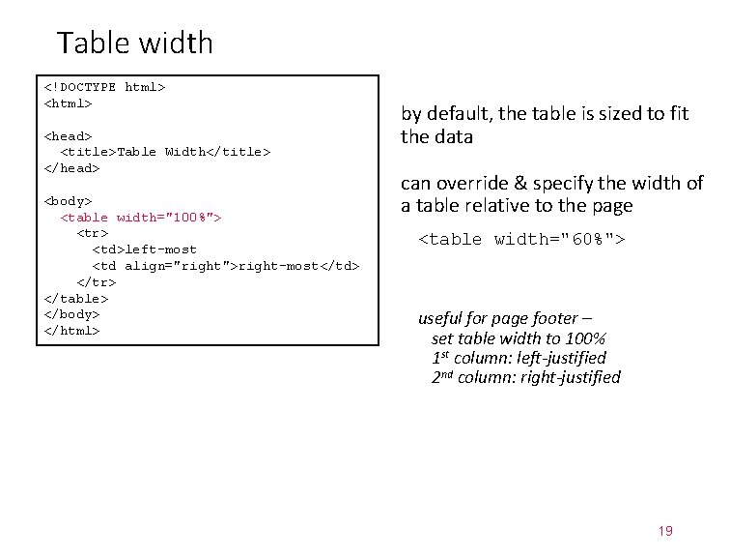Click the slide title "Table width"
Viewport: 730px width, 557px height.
(x=135, y=43)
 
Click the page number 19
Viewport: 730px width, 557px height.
(x=664, y=531)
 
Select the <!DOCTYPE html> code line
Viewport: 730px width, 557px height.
(x=104, y=87)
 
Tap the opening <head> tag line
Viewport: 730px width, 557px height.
(x=68, y=136)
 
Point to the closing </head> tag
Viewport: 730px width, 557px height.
(x=71, y=168)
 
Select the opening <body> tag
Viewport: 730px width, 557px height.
(x=68, y=201)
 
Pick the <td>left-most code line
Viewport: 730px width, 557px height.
(x=144, y=249)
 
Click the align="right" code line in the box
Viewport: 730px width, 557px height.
(x=225, y=266)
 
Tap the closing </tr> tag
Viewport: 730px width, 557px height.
(x=96, y=282)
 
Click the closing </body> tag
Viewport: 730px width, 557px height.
(x=71, y=314)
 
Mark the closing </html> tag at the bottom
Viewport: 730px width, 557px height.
(x=71, y=331)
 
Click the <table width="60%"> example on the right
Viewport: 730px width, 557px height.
(x=521, y=239)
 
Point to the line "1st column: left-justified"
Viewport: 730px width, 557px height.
(x=519, y=358)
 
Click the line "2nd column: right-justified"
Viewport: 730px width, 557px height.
(x=525, y=377)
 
